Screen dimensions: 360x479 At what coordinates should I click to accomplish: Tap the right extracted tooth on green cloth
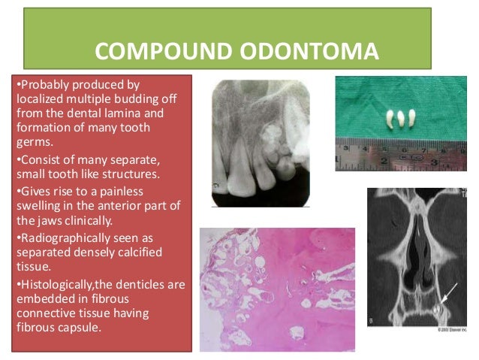(411, 118)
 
